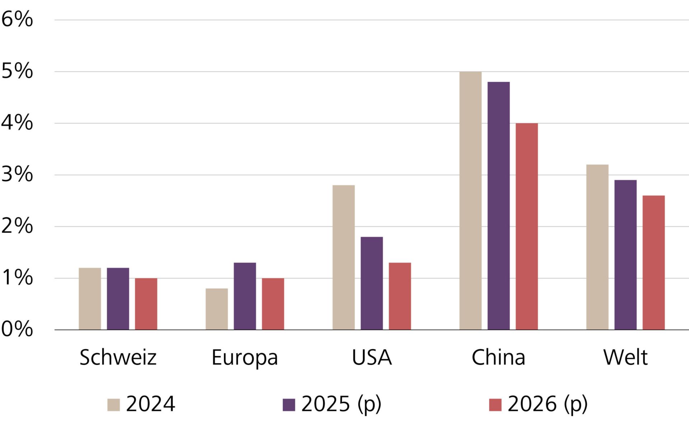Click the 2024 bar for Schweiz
point(90,299)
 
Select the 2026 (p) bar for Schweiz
point(146,304)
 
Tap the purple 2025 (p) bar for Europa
point(245,296)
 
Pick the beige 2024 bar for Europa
point(217,309)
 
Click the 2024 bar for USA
point(343,258)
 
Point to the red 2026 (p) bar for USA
point(400,296)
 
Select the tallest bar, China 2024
point(470,200)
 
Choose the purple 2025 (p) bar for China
point(498,206)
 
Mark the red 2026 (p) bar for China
point(527,226)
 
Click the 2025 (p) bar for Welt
point(625,255)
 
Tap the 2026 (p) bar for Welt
point(653,263)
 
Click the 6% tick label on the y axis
point(17,19)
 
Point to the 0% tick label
point(17,329)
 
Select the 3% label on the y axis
point(17,175)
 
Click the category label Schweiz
point(118,357)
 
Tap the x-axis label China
point(498,357)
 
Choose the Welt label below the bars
point(625,357)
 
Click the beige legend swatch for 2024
point(113,405)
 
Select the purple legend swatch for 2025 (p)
point(289,405)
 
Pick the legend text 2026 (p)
point(548,404)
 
